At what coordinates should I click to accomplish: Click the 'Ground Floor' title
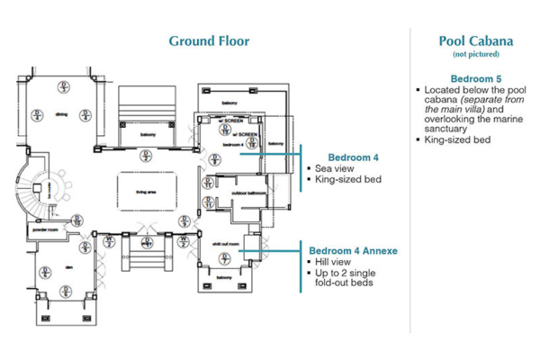(x=209, y=40)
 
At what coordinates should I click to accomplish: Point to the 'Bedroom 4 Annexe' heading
(x=354, y=250)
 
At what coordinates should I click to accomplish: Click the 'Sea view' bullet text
(x=334, y=168)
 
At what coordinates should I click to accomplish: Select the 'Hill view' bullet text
(x=336, y=262)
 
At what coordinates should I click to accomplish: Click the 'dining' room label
(x=61, y=114)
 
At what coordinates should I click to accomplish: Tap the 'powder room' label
(x=43, y=229)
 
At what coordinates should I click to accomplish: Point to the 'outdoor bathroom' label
(x=247, y=193)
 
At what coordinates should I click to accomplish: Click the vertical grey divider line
(x=410, y=180)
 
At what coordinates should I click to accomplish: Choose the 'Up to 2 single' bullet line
(x=354, y=273)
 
